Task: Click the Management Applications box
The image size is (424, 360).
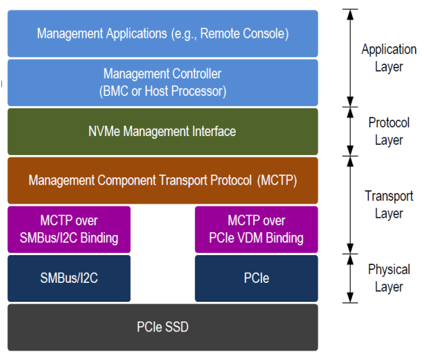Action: (163, 33)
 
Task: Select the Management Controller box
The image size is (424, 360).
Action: (163, 82)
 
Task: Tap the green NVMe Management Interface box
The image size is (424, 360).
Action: (163, 131)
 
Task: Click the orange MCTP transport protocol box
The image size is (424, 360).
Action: (163, 180)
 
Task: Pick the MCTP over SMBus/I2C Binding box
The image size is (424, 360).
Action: (69, 229)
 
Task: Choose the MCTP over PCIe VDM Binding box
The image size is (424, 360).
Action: (256, 229)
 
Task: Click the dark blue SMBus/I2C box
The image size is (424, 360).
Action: (69, 278)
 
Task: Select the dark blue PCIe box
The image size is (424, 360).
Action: (256, 278)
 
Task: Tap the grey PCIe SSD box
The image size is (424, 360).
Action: (163, 327)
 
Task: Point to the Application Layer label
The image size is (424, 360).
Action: (389, 58)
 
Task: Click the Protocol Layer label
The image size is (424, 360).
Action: (389, 131)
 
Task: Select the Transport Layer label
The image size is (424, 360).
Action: (389, 204)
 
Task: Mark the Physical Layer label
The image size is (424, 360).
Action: (389, 278)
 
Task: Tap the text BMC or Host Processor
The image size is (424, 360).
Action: (163, 90)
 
